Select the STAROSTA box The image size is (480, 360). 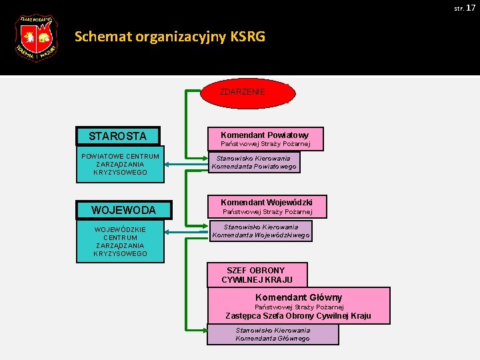point(118,136)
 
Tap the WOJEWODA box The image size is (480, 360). point(123,210)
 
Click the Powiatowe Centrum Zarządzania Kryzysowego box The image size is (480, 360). point(120,165)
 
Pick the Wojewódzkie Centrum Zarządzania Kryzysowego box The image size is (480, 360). point(120,241)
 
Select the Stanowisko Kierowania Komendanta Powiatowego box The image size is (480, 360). point(254,162)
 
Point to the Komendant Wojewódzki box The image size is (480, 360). point(266,207)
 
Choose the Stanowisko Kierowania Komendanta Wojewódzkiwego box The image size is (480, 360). point(261,231)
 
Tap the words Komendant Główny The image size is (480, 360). point(299,297)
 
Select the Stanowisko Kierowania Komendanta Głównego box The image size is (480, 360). point(273,334)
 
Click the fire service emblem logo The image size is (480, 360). point(36,38)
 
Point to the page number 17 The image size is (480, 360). point(471,7)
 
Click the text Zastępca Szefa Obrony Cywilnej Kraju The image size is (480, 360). point(298,316)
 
